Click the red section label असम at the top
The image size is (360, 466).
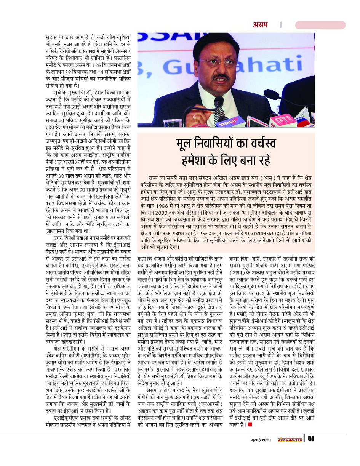261,25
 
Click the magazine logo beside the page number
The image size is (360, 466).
289,439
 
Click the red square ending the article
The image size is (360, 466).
250,424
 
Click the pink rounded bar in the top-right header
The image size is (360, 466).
320,25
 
